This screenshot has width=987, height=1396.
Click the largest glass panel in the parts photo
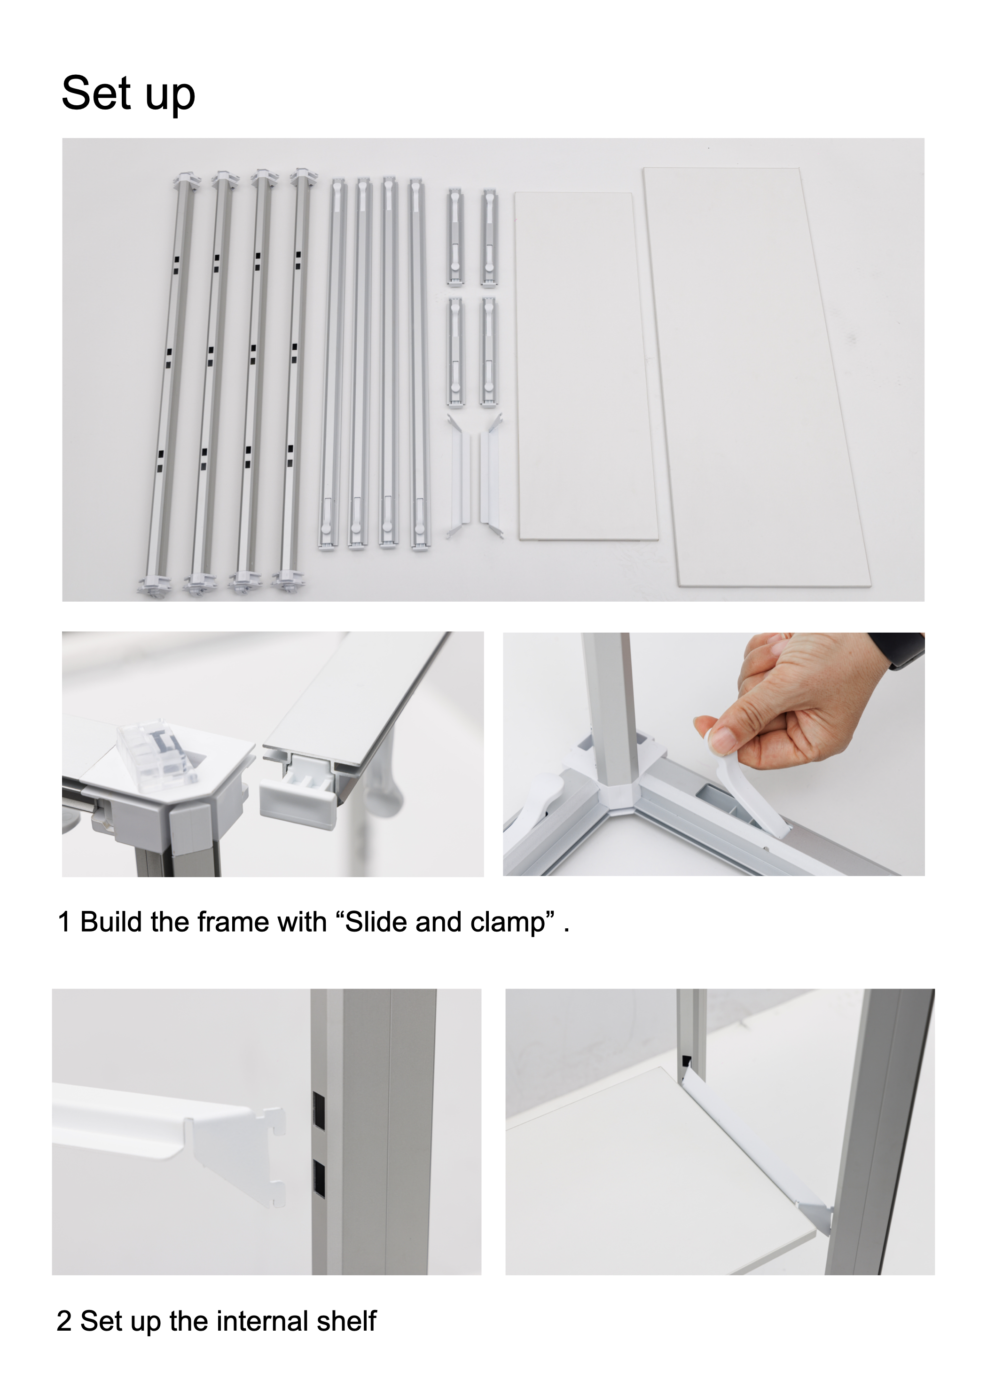757,377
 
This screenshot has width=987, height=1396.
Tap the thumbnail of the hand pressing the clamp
713,754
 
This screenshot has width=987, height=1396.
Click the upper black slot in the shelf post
319,1110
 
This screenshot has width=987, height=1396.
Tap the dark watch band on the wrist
900,650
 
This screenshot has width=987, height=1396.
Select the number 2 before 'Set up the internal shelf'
64,1321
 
